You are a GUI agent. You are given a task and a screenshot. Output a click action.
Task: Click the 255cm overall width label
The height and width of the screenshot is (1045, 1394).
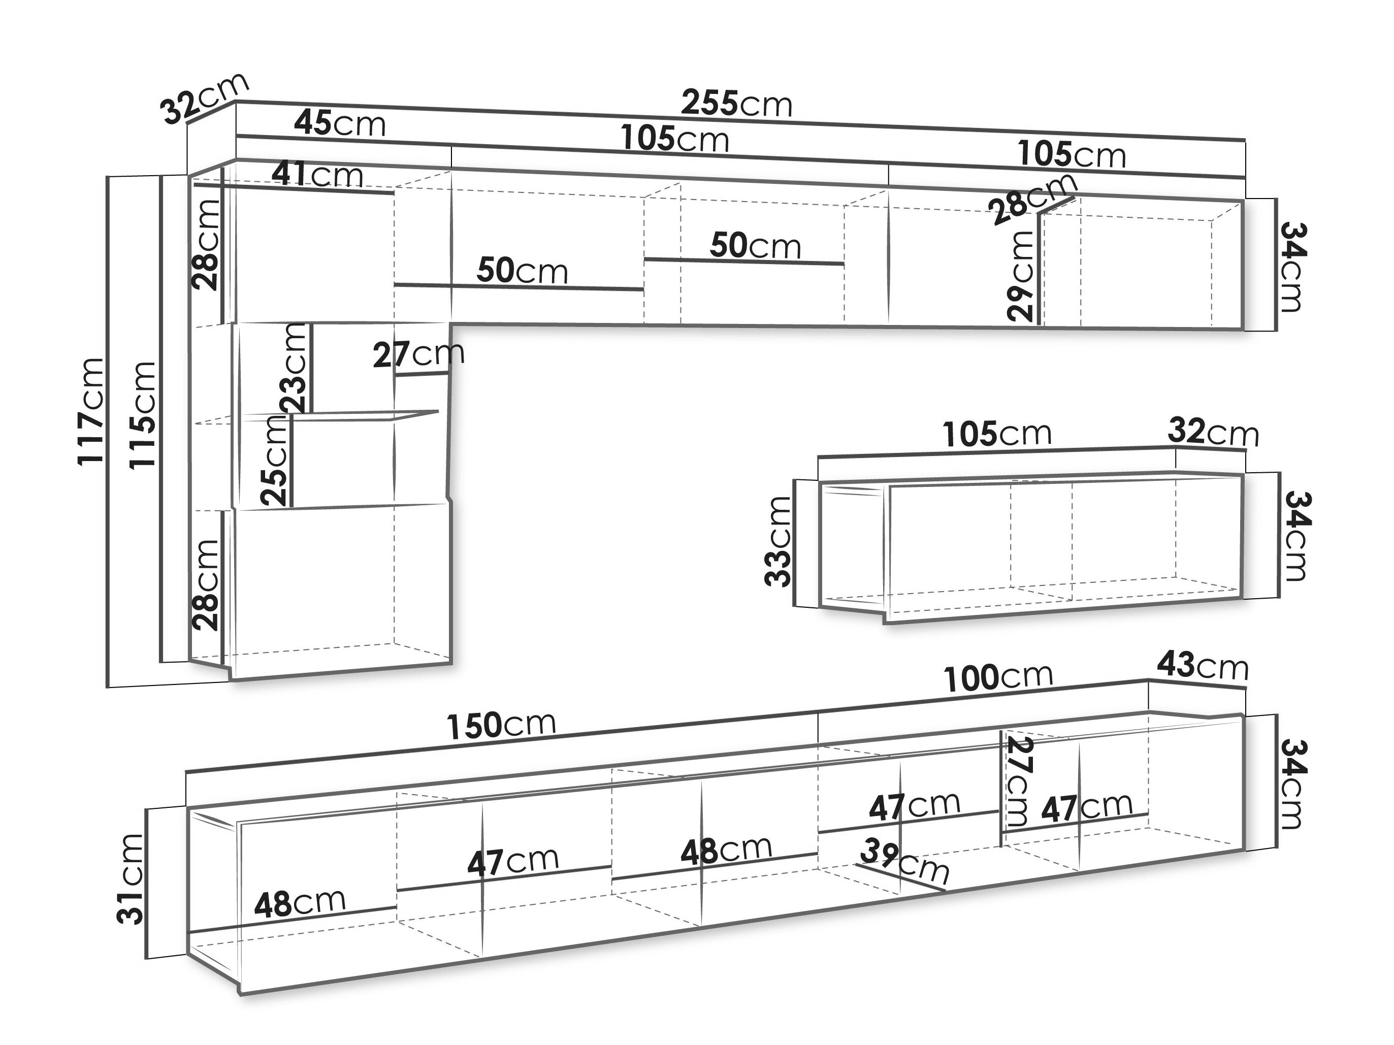coord(736,104)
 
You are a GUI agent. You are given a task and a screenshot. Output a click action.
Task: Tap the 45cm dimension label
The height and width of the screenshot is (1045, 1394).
coord(340,123)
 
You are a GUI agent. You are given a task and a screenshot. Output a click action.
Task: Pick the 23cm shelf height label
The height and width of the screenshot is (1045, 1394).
coord(295,368)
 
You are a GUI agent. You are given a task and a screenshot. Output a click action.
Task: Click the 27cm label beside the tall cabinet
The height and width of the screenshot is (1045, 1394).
coord(418,355)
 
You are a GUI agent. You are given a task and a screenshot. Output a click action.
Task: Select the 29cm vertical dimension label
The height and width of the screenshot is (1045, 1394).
coord(1020,275)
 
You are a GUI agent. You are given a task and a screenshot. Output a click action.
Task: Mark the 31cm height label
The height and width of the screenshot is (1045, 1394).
coord(131,878)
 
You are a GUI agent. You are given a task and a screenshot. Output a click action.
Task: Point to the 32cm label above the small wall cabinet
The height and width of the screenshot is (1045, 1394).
coord(1213,433)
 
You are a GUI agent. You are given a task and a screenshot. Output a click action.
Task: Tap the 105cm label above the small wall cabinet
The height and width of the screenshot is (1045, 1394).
coord(997,433)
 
